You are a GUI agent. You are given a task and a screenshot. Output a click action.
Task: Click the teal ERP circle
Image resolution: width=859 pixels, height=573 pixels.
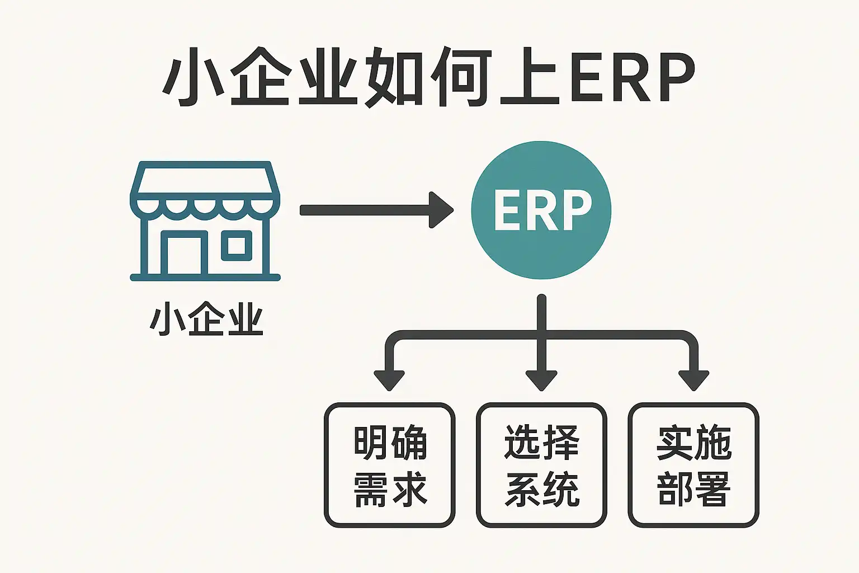point(541,210)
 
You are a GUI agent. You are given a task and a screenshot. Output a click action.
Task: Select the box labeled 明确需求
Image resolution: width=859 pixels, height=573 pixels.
point(390,465)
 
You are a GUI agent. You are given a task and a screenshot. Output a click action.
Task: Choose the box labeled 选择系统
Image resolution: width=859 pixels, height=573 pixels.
point(541,465)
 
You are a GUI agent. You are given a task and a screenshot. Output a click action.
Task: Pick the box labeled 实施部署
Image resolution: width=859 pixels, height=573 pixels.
point(693,465)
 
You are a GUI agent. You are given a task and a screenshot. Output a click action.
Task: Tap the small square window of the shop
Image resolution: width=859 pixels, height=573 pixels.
point(237,245)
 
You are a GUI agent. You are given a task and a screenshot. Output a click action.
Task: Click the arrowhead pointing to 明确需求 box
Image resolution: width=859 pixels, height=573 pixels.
point(389,381)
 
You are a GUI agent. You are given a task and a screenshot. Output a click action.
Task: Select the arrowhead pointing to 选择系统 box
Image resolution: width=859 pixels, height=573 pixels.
point(541,381)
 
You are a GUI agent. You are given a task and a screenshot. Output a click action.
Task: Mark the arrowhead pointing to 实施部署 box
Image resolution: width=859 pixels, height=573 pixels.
point(693,381)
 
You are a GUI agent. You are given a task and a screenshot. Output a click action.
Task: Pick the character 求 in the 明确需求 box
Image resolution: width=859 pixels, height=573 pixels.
point(409,489)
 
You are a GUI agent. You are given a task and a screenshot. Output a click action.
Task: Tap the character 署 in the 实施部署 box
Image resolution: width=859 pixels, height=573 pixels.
point(712,489)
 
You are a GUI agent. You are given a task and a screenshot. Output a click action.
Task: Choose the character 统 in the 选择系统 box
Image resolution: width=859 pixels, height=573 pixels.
point(561,489)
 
